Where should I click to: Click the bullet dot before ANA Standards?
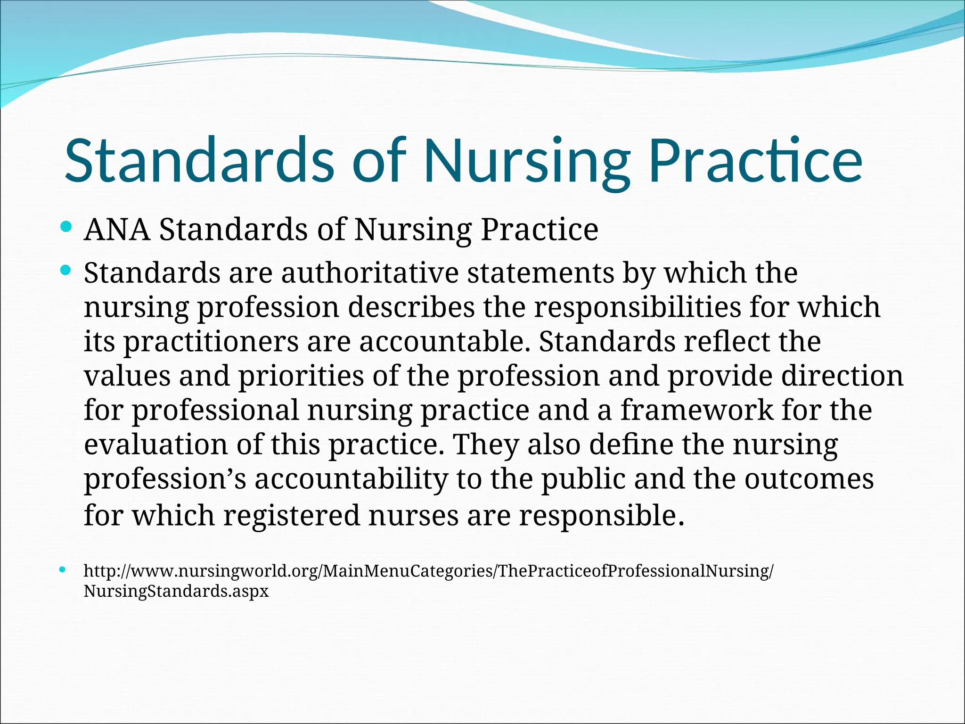coord(66,228)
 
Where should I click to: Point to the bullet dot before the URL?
coord(63,570)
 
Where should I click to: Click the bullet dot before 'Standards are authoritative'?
coord(66,271)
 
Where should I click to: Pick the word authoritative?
coord(369,273)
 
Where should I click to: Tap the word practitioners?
coord(211,342)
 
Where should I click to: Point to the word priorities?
coord(301,376)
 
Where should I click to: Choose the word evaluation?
coord(155,444)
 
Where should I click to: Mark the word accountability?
coord(351,479)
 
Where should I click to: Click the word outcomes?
coord(809,479)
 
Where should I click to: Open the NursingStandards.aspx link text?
coord(176,591)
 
